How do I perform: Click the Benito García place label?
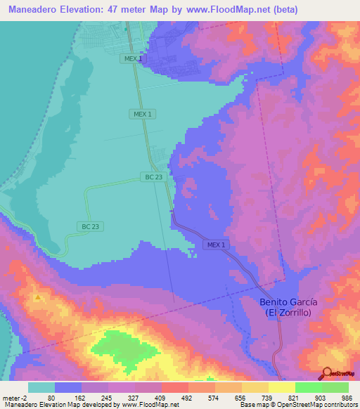(288, 301)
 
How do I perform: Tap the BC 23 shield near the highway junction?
(155, 177)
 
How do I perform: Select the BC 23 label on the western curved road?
(91, 226)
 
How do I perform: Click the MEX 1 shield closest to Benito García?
(217, 245)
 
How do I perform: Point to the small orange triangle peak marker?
(37, 297)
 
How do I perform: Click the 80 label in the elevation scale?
(51, 397)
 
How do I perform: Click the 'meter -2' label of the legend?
(15, 397)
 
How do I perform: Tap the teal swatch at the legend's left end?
(41, 387)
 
